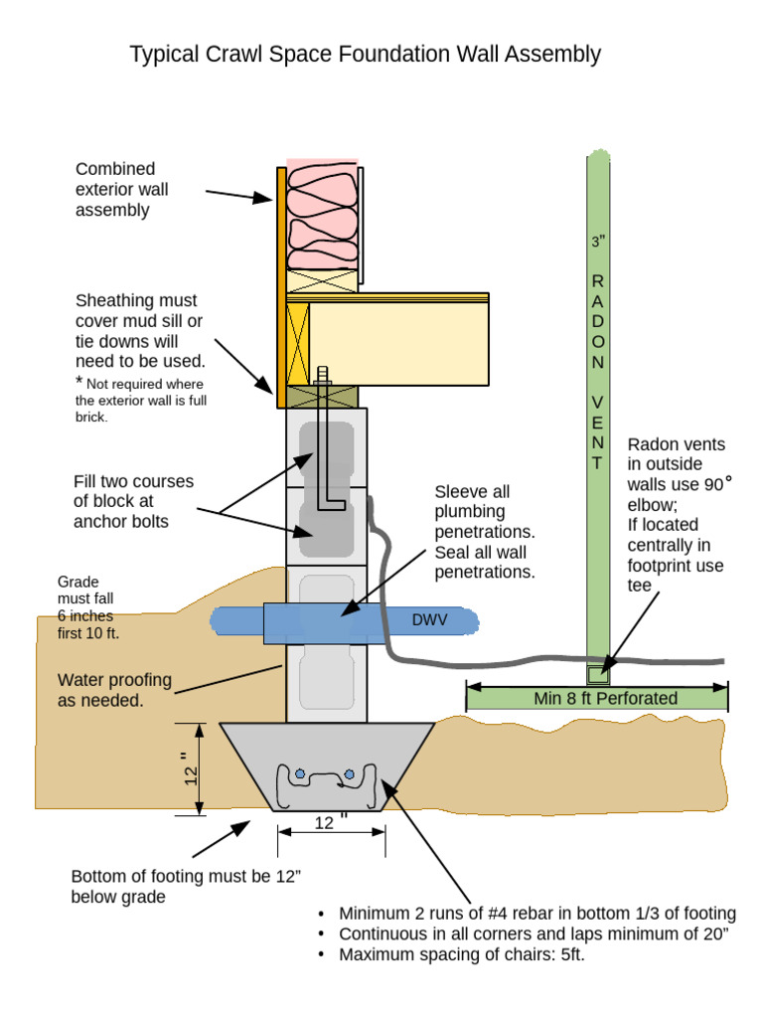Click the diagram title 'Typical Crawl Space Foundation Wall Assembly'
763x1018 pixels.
tap(365, 54)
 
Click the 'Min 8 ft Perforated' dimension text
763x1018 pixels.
tap(605, 698)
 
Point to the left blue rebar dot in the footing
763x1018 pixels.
tap(298, 772)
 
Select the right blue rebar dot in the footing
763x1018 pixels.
tap(348, 772)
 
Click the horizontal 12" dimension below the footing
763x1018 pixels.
tap(330, 823)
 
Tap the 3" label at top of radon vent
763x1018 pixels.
tap(597, 242)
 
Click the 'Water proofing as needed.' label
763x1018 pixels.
tap(114, 690)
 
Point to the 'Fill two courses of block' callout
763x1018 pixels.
tap(133, 501)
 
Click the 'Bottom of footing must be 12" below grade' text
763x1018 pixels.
tap(185, 886)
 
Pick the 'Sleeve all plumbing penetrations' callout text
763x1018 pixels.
tap(485, 532)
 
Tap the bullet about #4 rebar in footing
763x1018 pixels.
tap(536, 914)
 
